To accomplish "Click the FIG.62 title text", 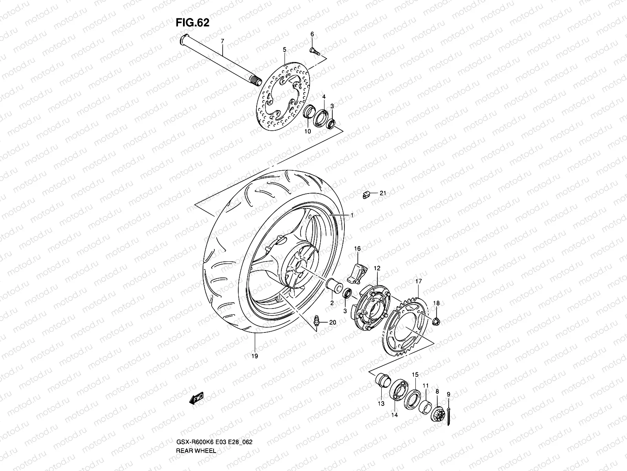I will (192, 23).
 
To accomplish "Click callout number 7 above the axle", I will (222, 41).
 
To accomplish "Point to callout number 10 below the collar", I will (307, 131).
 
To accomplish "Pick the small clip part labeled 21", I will (367, 194).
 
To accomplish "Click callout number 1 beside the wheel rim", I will (352, 215).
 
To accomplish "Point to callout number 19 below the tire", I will (255, 356).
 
